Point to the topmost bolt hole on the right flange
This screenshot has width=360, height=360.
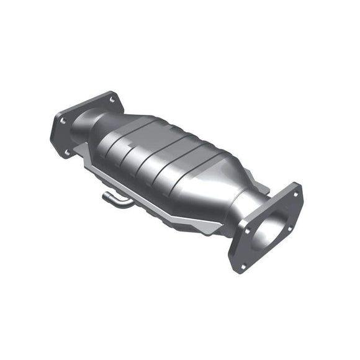coord(295,194)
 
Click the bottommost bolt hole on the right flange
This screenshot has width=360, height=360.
coord(243,266)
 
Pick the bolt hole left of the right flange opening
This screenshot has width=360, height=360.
coord(246,230)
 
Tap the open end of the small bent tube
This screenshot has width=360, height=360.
coord(105,197)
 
